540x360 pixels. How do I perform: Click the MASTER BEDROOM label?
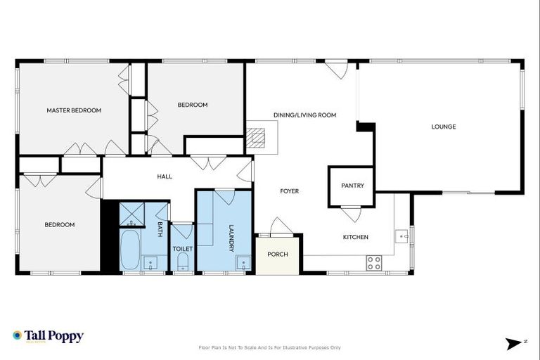74,110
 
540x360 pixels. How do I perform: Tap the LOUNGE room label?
444,127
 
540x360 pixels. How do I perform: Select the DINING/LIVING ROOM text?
304,115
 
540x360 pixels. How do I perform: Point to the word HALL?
165,176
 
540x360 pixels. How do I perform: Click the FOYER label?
290,191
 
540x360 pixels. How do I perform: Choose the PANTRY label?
352,186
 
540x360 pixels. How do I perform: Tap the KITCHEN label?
355,237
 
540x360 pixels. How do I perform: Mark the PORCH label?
278,254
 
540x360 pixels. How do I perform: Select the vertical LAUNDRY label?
231,238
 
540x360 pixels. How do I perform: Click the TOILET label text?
183,248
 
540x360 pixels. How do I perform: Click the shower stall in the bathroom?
131,213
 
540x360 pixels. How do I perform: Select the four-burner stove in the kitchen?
373,263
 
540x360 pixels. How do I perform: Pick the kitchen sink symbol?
401,236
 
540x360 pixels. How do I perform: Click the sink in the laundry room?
244,263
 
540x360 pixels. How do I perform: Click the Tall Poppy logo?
48,336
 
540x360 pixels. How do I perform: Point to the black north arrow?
514,343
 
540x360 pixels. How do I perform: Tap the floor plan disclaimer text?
270,347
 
